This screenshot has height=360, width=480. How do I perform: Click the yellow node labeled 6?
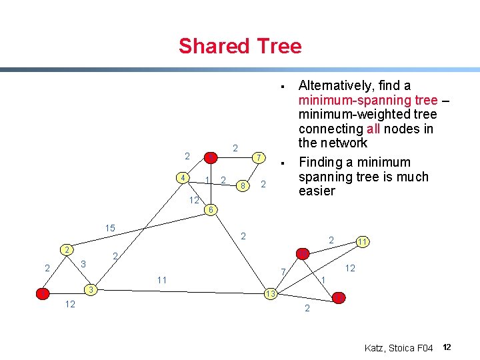209,210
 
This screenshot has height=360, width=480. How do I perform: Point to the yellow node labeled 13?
270,294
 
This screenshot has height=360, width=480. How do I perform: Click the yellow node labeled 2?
66,249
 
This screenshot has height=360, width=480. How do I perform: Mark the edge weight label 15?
109,229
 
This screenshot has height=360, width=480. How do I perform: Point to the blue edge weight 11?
161,279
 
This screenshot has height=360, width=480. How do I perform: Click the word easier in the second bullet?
317,191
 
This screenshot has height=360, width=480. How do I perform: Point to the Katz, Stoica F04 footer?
399,348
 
